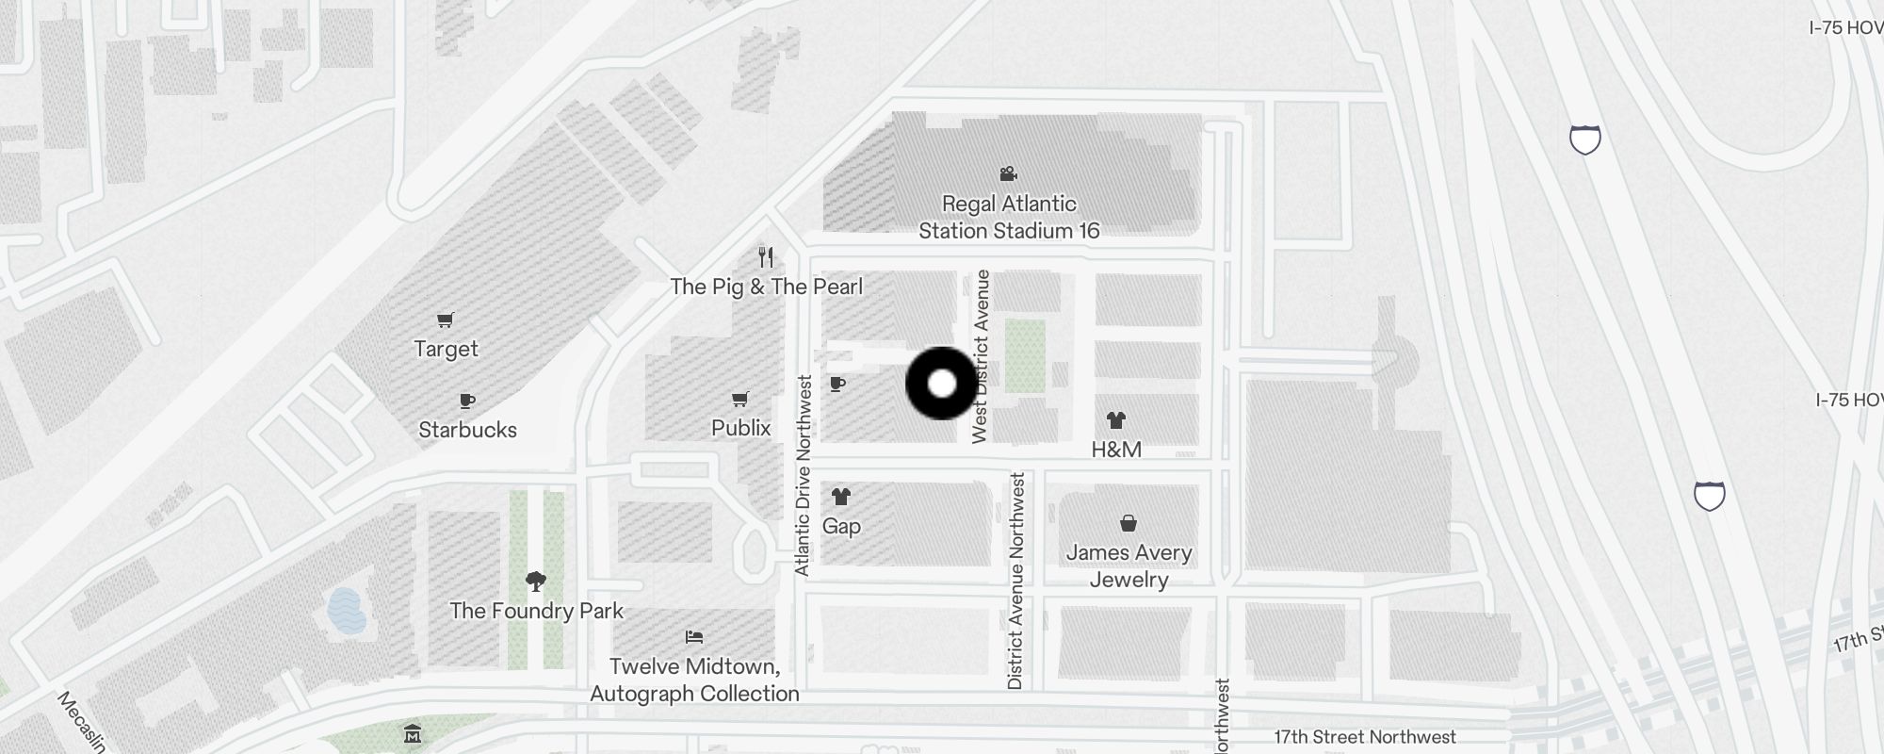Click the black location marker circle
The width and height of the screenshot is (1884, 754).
(x=941, y=384)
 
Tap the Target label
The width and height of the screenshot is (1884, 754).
(x=446, y=349)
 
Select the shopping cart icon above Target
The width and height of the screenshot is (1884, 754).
(x=446, y=320)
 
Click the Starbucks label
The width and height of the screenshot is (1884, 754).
(x=467, y=430)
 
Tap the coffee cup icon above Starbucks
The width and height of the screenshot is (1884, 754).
(x=467, y=402)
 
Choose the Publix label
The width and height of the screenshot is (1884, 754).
(x=740, y=428)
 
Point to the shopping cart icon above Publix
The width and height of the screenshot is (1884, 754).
(x=740, y=400)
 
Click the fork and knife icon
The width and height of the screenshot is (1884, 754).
(x=766, y=256)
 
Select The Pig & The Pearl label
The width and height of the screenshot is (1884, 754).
(x=766, y=287)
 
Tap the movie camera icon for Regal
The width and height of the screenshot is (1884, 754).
(x=1008, y=173)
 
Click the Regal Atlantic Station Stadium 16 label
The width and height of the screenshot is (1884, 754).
(x=1009, y=217)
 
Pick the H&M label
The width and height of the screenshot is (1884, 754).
(x=1116, y=450)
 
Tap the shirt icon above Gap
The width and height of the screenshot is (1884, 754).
(x=840, y=497)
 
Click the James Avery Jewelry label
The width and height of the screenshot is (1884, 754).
(x=1129, y=565)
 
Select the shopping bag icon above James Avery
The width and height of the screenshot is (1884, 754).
(x=1128, y=523)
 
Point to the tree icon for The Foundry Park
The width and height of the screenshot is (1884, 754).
(x=536, y=582)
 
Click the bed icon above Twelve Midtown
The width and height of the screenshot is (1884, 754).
(x=694, y=637)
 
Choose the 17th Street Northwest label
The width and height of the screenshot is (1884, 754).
(x=1365, y=737)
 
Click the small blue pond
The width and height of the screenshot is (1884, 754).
(x=346, y=610)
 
